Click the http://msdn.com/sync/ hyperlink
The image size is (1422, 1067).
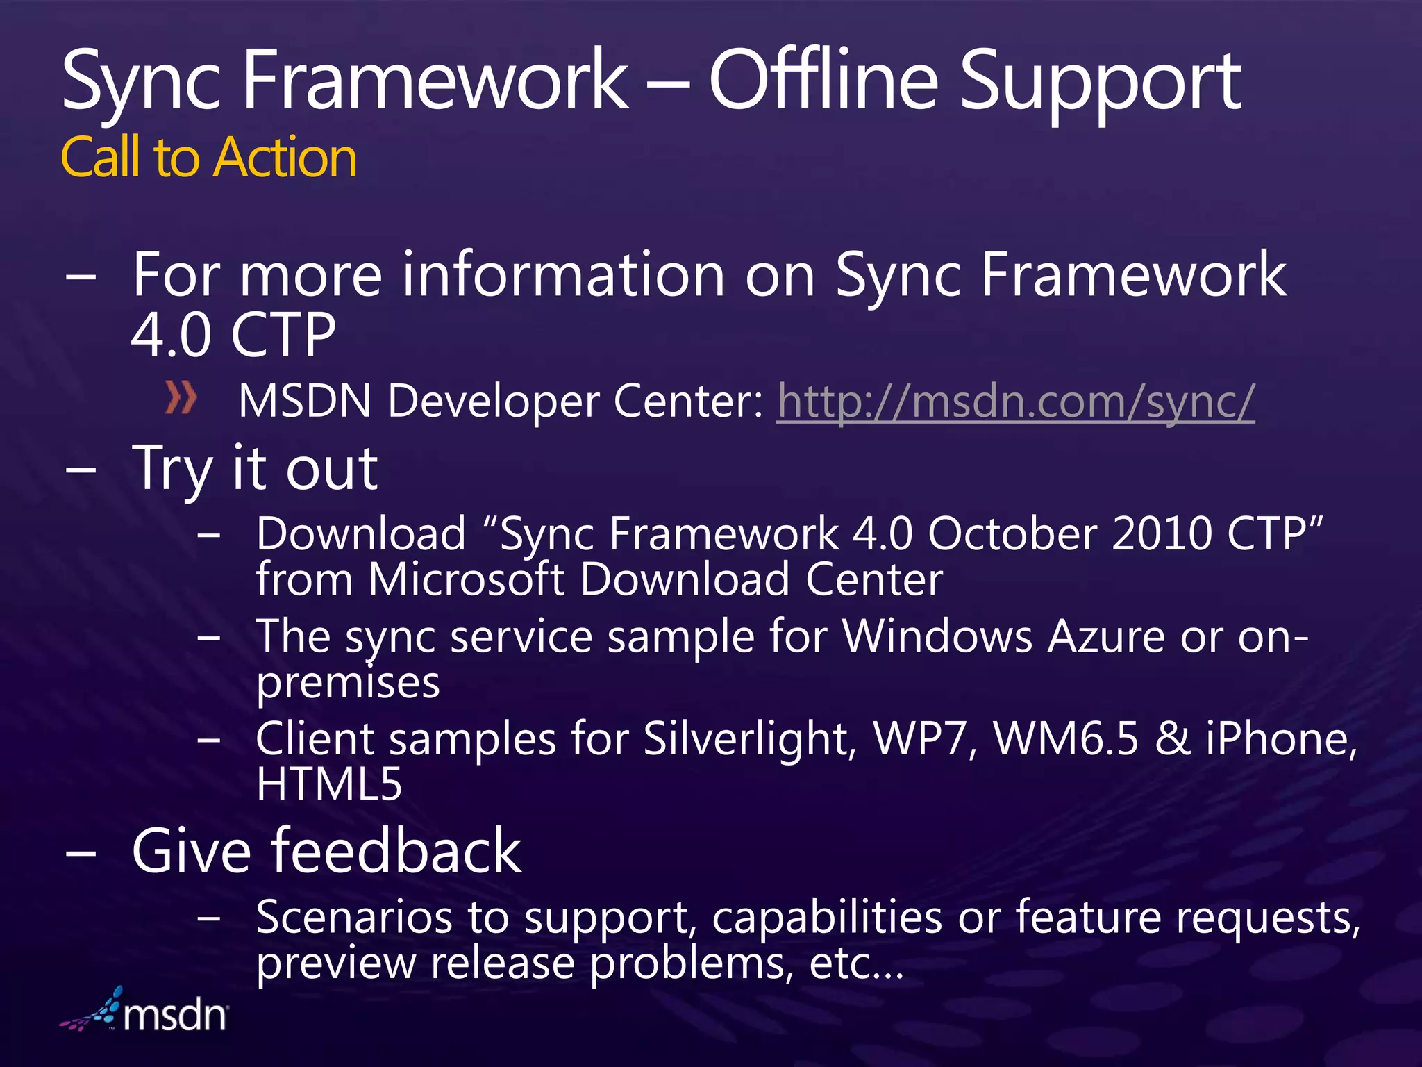tap(1015, 402)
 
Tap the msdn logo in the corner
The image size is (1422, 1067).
tap(146, 1011)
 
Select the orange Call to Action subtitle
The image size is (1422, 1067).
tap(209, 158)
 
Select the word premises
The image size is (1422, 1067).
tap(348, 684)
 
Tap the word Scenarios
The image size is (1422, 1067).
tap(354, 918)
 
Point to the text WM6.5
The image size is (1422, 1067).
tap(1066, 738)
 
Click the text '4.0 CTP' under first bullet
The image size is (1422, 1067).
tap(233, 336)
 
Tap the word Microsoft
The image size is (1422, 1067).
tap(466, 579)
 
